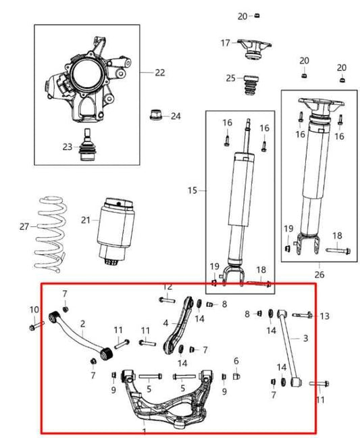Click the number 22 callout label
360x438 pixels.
159,72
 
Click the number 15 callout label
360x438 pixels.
193,191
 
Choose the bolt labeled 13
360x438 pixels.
303,315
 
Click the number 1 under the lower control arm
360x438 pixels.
144,430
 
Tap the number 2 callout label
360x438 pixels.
82,324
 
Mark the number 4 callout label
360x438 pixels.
165,323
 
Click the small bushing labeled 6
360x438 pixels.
236,375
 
